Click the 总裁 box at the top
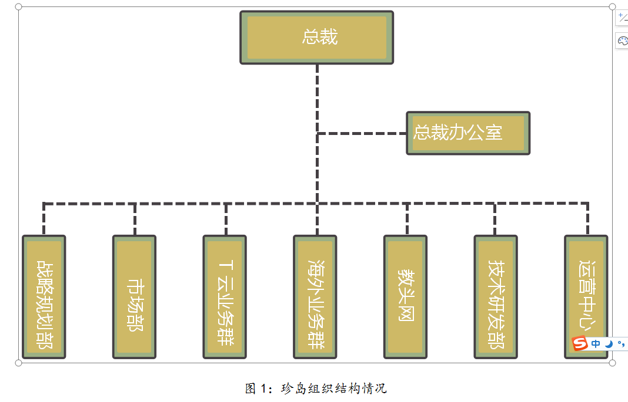316,38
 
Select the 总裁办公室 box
468,133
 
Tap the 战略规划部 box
44,297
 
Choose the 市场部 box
134,297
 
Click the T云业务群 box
225,297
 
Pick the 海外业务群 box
315,297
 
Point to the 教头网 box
405,297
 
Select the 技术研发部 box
496,297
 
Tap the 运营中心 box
586,297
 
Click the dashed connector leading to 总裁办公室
362,133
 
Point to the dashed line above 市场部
135,219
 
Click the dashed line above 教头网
407,219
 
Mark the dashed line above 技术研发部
495,219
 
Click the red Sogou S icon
580,343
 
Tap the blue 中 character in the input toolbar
596,344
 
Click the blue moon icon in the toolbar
609,344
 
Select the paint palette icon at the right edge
623,40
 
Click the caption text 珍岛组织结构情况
334,389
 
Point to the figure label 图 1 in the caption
256,389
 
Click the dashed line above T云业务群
226,219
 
